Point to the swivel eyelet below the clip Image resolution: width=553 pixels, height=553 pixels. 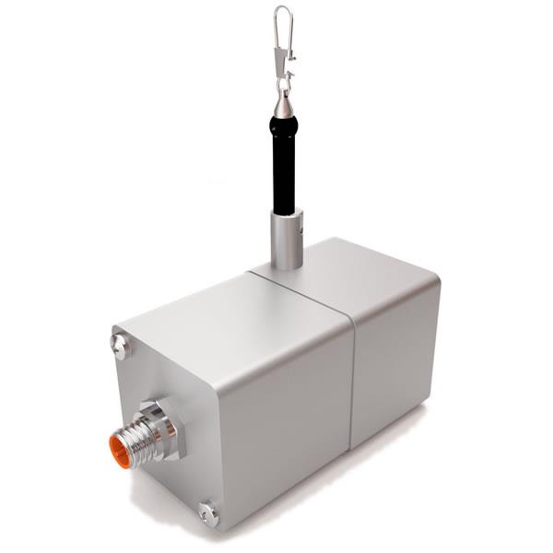285,87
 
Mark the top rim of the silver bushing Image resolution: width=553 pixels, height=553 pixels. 287,214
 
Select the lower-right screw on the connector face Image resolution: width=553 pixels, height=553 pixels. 209,510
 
